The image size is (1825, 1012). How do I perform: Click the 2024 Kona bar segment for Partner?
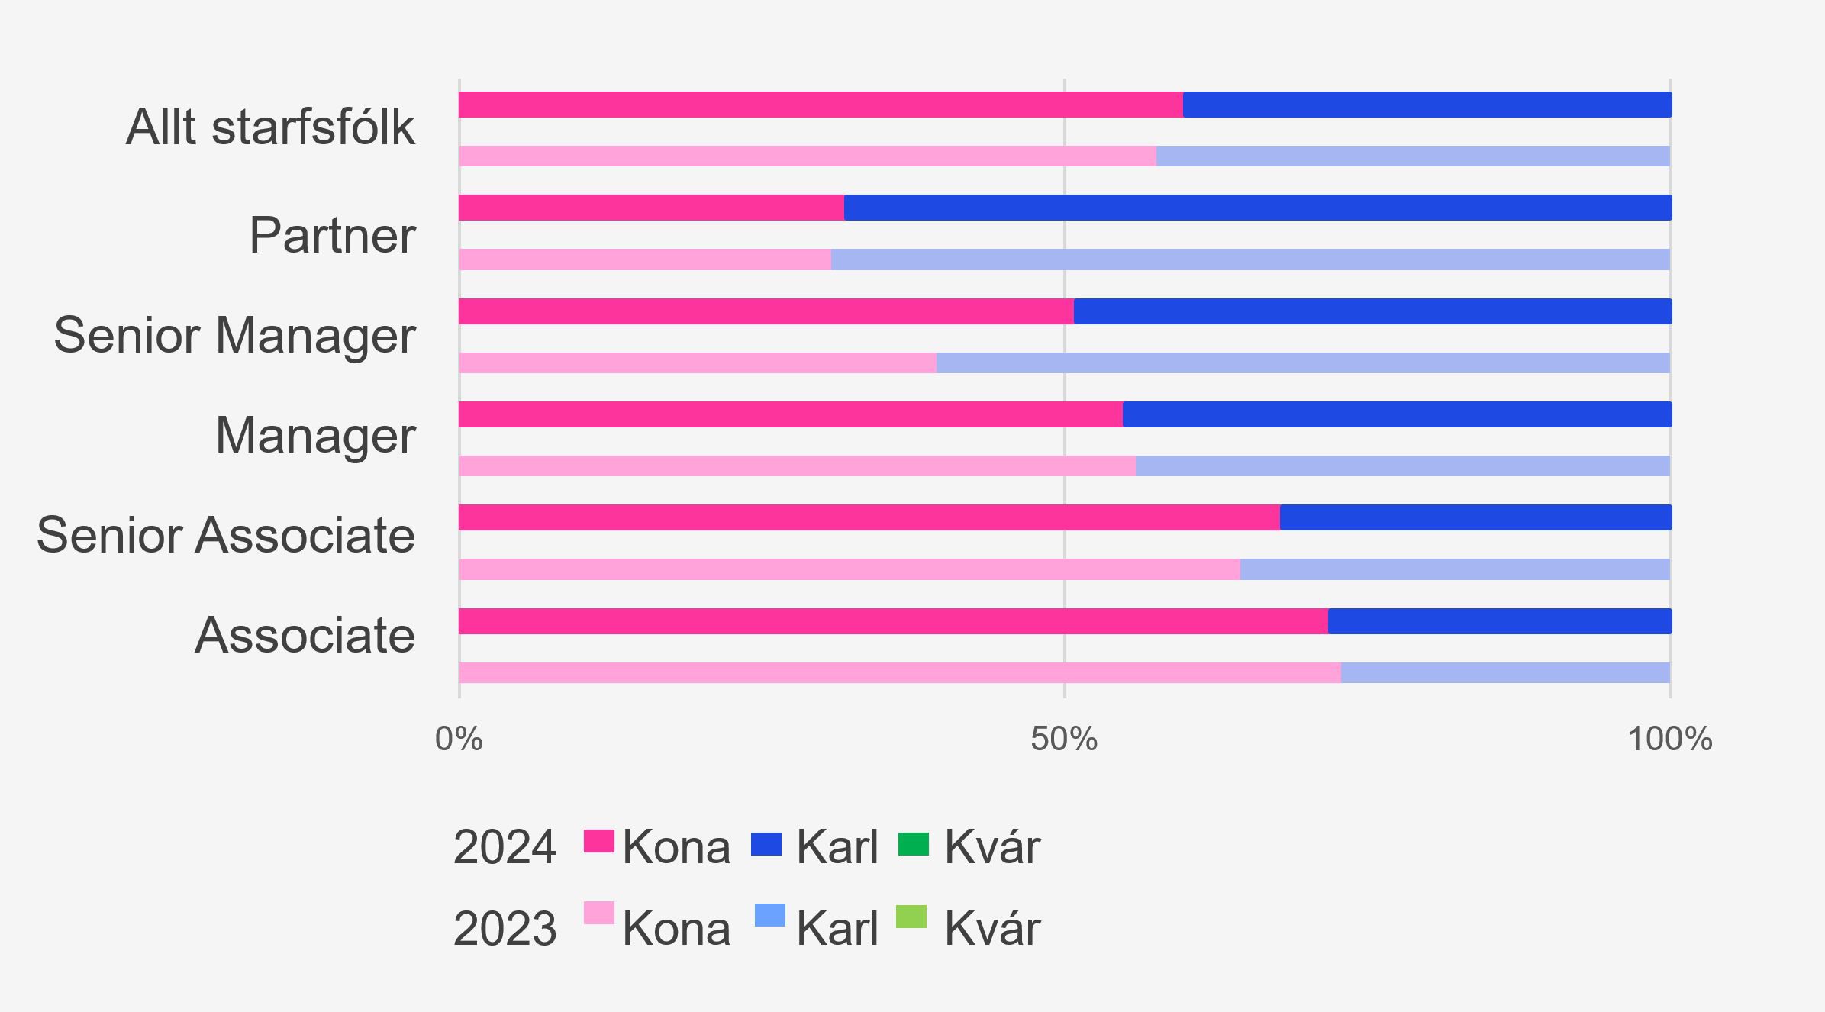tap(651, 208)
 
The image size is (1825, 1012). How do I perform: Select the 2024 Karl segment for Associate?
tap(1499, 621)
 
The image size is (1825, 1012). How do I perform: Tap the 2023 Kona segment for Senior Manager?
tap(698, 363)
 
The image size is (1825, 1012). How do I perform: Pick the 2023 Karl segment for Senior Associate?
tap(1454, 569)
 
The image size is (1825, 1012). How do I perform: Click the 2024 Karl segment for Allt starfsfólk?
tap(1427, 105)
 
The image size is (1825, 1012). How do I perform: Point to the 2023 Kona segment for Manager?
tap(797, 466)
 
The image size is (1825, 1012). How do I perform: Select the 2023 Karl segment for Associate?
tap(1504, 673)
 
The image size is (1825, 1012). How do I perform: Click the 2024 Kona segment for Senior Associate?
tap(869, 517)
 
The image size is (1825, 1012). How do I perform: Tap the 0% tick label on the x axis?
tap(459, 739)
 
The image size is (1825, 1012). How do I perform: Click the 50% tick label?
tap(1064, 739)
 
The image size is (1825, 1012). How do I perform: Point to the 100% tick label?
tap(1670, 739)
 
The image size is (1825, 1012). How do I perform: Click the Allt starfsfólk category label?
tap(270, 127)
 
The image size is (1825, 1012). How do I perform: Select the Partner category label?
tap(332, 235)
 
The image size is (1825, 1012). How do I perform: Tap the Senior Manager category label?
tap(234, 335)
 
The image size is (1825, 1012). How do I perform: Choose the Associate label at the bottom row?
tap(305, 635)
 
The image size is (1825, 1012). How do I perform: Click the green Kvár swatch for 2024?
tap(914, 844)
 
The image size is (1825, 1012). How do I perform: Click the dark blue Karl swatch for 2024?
tap(766, 844)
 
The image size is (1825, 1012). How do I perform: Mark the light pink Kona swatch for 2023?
tap(599, 914)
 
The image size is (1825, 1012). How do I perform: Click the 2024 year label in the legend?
tap(505, 847)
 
